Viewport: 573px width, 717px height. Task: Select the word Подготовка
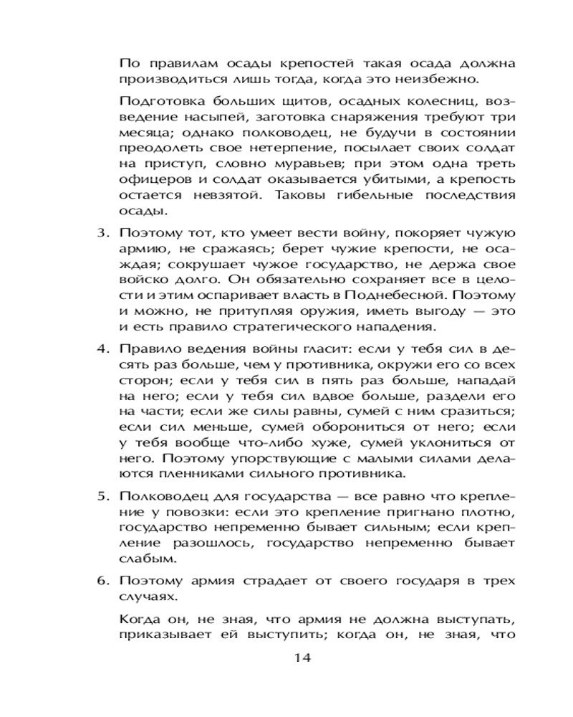[x=156, y=100]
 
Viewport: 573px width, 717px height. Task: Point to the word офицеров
[x=148, y=180]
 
